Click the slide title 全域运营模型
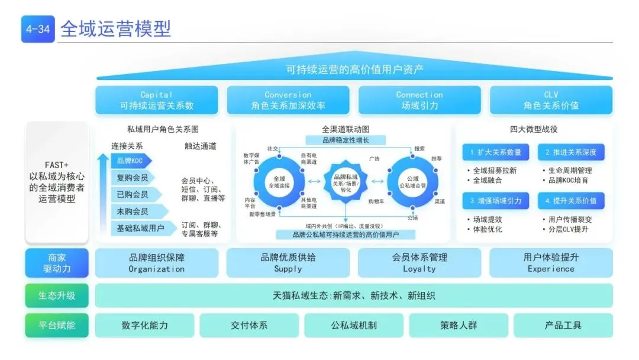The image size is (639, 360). tap(115, 28)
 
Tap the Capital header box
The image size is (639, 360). tap(156, 101)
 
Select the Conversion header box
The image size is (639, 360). tap(288, 101)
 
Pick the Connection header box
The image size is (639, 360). tap(419, 101)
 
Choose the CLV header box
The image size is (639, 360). tap(550, 101)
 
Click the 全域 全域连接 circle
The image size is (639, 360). tap(279, 181)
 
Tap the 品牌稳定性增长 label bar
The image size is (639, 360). tap(346, 140)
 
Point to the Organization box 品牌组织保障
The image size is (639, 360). tap(156, 263)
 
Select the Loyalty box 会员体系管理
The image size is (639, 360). tap(419, 263)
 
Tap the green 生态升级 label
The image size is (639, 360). tap(57, 295)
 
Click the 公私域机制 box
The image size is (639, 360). tap(354, 325)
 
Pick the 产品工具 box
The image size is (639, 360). tap(563, 325)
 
